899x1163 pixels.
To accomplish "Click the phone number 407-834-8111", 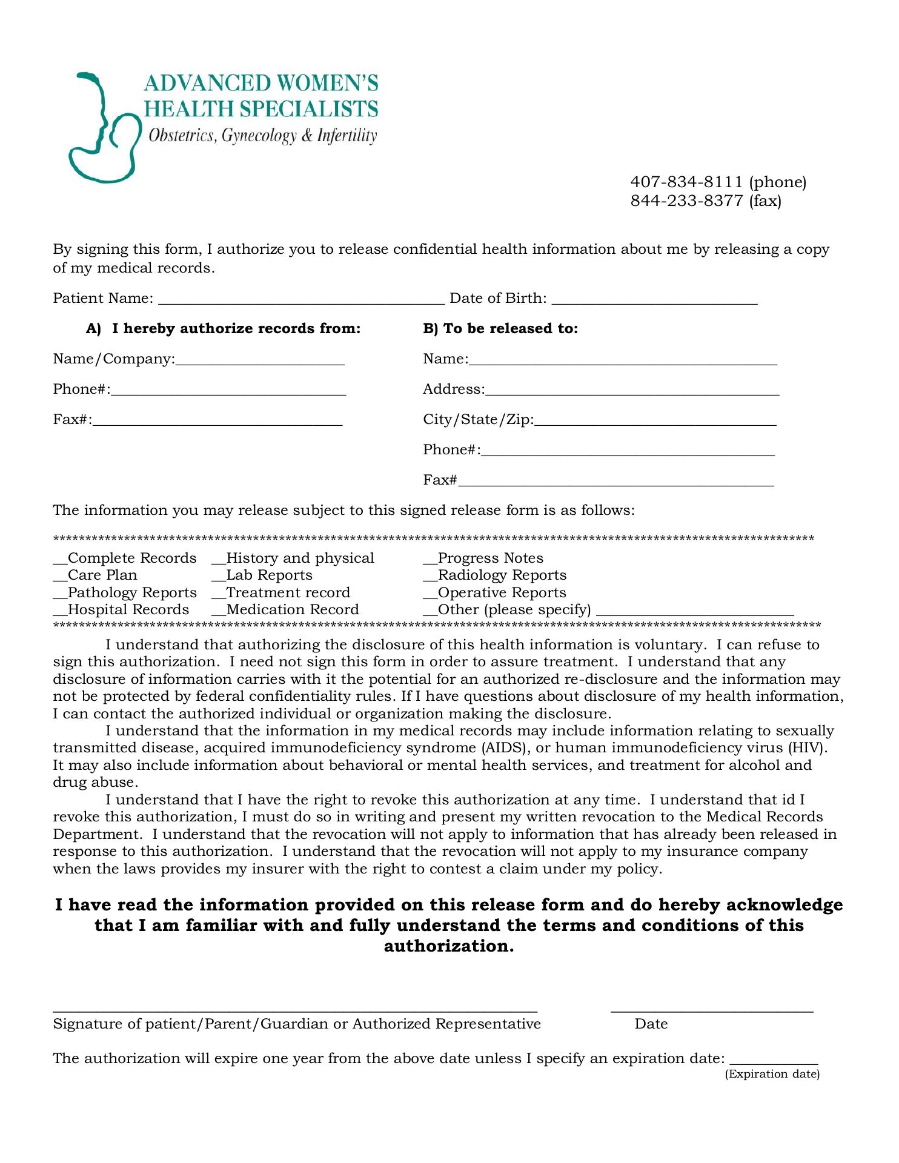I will (x=686, y=182).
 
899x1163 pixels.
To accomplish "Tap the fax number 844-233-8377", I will (x=686, y=200).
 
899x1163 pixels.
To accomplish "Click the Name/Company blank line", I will (x=260, y=362).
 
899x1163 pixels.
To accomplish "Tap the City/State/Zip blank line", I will (x=655, y=423).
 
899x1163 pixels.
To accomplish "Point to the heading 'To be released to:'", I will (x=500, y=328).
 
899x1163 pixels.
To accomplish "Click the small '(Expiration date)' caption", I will (x=772, y=1074).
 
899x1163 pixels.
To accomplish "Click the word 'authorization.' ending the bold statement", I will (x=449, y=946).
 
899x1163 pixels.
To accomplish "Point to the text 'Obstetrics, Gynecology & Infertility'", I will (x=262, y=136).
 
